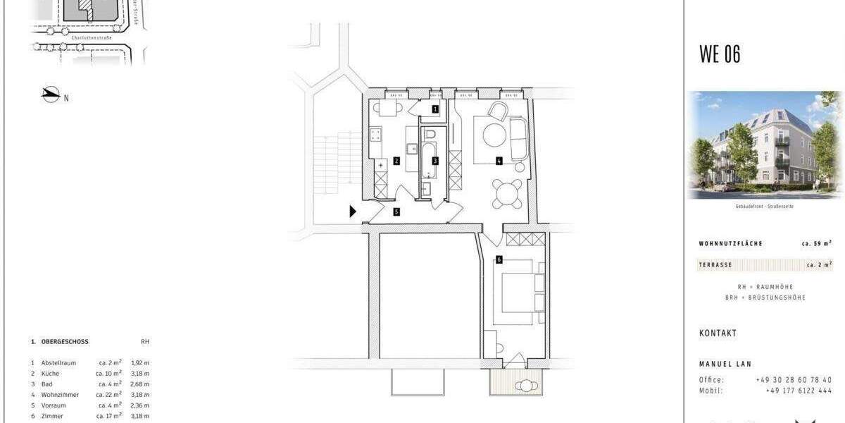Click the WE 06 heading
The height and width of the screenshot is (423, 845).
click(x=719, y=54)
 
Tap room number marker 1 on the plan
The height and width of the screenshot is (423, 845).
click(x=435, y=109)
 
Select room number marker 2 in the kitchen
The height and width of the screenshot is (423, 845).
click(x=397, y=161)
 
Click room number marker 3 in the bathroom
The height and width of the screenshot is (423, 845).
click(x=435, y=161)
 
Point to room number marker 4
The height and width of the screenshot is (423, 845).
click(x=499, y=161)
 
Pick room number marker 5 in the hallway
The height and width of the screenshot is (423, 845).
click(x=397, y=211)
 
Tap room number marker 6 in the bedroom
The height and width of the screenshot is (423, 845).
click(x=499, y=259)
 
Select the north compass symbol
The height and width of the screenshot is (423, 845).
click(x=51, y=95)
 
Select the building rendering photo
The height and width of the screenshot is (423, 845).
click(x=764, y=145)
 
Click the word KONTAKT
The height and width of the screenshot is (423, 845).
click(x=718, y=333)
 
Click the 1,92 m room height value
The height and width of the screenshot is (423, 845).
click(x=140, y=363)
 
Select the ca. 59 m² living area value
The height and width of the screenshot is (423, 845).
click(x=816, y=243)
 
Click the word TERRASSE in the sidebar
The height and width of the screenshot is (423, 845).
click(x=715, y=265)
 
